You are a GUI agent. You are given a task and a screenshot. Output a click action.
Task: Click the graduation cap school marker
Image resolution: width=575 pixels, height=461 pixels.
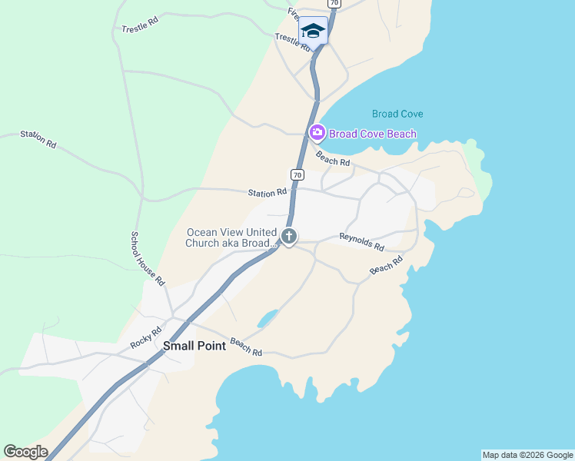pos(312,32)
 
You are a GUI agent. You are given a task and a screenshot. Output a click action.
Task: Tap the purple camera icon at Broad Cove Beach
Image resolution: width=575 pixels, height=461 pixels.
pos(317,133)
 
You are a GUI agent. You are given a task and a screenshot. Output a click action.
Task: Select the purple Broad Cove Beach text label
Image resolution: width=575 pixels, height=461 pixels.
pos(373,134)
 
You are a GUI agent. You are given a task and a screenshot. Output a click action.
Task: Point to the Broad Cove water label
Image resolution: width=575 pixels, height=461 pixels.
pos(397,114)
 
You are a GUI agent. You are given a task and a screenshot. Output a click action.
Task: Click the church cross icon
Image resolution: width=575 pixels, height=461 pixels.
pos(289,237)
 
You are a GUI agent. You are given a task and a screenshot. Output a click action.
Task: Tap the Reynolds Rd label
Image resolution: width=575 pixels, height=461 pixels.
pos(361,242)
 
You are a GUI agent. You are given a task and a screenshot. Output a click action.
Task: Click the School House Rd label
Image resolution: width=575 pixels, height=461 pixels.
pos(148,259)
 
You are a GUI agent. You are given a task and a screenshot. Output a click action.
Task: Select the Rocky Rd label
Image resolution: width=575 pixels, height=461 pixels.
pos(145,337)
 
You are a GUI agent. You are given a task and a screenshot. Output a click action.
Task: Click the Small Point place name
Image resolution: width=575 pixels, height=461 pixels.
pos(194,346)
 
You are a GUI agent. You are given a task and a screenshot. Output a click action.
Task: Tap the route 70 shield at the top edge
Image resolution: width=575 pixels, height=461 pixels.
pos(333,3)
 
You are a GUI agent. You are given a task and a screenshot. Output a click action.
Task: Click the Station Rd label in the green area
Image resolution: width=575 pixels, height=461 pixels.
pos(38,139)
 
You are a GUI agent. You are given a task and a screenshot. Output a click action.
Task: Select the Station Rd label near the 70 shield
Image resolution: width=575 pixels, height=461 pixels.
pos(267,192)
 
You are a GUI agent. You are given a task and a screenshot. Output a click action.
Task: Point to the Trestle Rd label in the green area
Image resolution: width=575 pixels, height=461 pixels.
pos(140,25)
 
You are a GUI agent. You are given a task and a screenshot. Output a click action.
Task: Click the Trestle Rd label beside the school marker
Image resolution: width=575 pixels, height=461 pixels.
pos(291,41)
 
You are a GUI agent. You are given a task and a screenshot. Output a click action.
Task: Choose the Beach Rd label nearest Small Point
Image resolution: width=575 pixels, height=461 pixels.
pos(246,347)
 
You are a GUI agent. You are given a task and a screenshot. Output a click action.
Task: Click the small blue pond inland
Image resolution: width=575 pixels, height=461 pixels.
pos(268,317)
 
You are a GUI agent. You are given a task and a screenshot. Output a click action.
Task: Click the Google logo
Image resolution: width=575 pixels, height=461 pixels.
pos(25,452)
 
